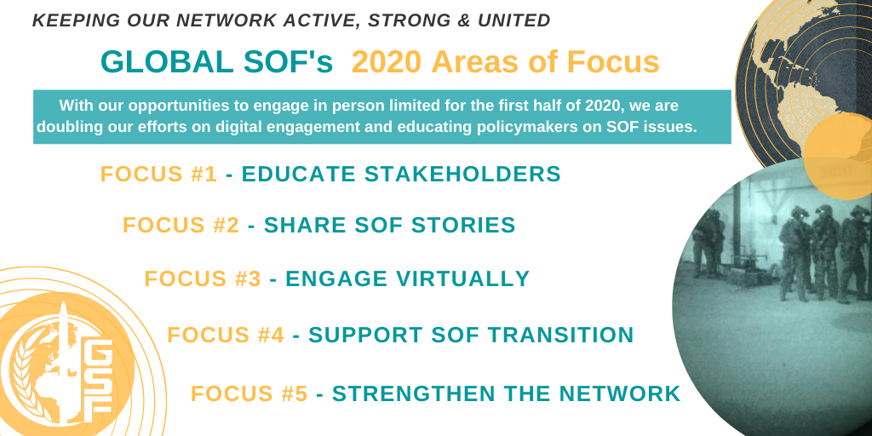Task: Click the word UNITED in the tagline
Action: point(513,20)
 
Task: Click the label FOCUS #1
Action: point(159,174)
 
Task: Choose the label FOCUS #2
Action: point(181,225)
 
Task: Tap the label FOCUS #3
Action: point(203,278)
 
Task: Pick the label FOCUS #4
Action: point(226,335)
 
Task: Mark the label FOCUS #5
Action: point(250,393)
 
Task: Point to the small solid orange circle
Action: point(838,156)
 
